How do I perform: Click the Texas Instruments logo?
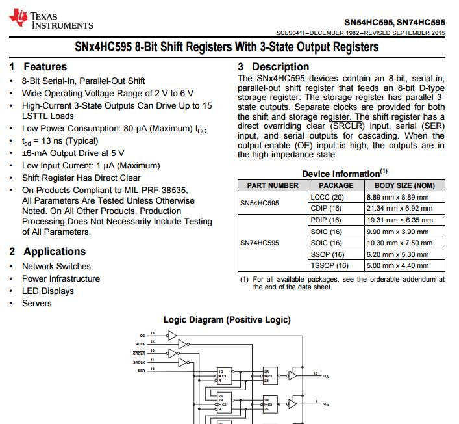coord(52,20)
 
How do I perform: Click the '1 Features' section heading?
coord(38,66)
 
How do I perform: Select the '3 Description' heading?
coord(273,66)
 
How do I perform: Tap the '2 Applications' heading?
coord(47,251)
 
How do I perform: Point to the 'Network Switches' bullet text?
coord(56,266)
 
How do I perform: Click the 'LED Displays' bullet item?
coord(48,291)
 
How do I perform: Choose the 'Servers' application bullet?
coord(37,303)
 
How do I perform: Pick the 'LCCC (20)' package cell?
coord(327,197)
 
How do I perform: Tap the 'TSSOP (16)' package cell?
coord(330,265)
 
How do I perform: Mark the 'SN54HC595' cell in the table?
coord(260,203)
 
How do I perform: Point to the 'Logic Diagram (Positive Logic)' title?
coord(227,319)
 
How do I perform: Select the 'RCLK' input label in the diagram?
coord(140,343)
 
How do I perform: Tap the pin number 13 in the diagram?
coord(153,333)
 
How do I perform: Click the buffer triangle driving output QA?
coord(293,375)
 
